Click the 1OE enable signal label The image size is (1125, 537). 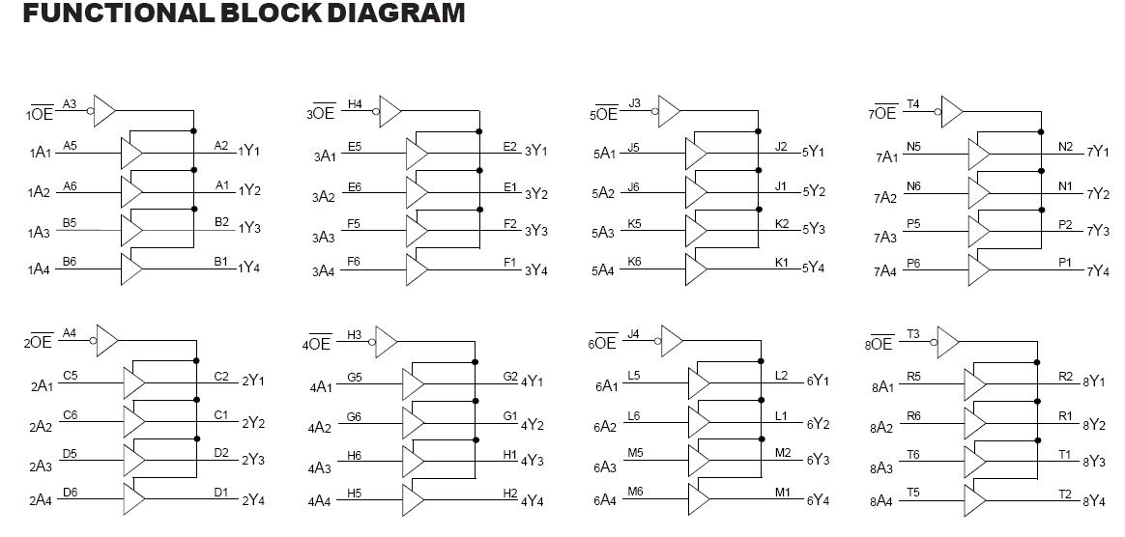[40, 113]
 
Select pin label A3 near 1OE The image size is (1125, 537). [70, 103]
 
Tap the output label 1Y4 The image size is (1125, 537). [248, 268]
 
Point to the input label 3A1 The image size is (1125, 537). [324, 155]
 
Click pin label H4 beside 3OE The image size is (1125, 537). [355, 103]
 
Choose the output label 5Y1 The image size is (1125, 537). [813, 152]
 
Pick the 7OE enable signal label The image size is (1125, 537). [883, 113]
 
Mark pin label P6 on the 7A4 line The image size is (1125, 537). [913, 263]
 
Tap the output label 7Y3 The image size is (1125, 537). [1097, 231]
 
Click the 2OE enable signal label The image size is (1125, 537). [40, 342]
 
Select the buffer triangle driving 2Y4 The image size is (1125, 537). [133, 496]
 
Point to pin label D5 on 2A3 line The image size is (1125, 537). [70, 452]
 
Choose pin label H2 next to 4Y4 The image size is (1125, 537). [510, 493]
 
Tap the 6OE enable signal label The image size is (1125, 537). [602, 343]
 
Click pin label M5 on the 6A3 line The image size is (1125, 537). [634, 452]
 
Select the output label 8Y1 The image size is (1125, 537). [1093, 382]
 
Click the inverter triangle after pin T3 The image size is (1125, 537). [948, 341]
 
